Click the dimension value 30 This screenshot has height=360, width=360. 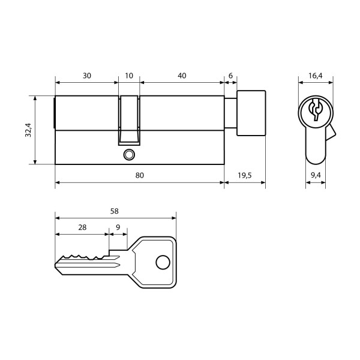(x=87, y=76)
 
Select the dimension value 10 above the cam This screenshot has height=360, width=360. (x=129, y=76)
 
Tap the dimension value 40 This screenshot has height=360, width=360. (x=182, y=76)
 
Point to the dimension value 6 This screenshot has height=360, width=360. (x=230, y=76)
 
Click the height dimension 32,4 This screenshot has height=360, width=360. (x=28, y=129)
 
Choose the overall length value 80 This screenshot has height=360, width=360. (x=139, y=175)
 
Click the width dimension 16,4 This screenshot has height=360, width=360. (x=315, y=76)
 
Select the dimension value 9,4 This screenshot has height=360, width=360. (x=316, y=175)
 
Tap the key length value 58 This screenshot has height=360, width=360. (x=115, y=211)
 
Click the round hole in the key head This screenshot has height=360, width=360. (x=161, y=262)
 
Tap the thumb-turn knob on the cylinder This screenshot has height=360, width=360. (x=251, y=113)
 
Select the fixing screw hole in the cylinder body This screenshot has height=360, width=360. (x=127, y=155)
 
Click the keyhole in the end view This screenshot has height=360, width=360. (x=315, y=110)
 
